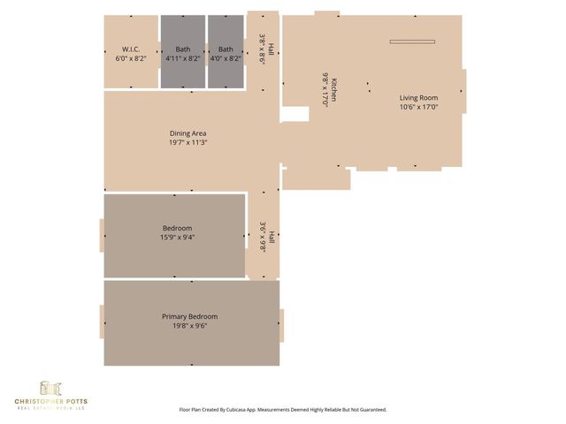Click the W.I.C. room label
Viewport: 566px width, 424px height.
pyautogui.click(x=131, y=49)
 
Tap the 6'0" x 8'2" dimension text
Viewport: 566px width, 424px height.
pyautogui.click(x=131, y=58)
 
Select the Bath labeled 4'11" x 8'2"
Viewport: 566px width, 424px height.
pyautogui.click(x=183, y=49)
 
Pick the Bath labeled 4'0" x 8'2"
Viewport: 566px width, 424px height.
pyautogui.click(x=226, y=49)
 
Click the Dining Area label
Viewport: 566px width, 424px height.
pyautogui.click(x=188, y=133)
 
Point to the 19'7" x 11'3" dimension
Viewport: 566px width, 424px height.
pyautogui.click(x=188, y=142)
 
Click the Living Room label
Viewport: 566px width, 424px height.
pyautogui.click(x=418, y=98)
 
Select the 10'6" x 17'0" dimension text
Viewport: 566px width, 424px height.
pyautogui.click(x=418, y=107)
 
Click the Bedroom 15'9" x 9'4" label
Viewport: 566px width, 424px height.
pyautogui.click(x=177, y=228)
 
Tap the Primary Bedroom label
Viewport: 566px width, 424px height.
pyautogui.click(x=189, y=316)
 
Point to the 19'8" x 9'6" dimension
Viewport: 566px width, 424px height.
pyautogui.click(x=189, y=325)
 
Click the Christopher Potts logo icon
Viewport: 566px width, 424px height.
pyautogui.click(x=50, y=388)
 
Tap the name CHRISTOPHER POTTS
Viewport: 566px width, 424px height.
pyautogui.click(x=50, y=401)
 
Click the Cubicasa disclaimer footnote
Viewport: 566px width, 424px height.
pyautogui.click(x=283, y=410)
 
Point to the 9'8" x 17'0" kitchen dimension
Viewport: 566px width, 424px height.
pyautogui.click(x=325, y=89)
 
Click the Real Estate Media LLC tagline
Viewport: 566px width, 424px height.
pyautogui.click(x=50, y=408)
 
